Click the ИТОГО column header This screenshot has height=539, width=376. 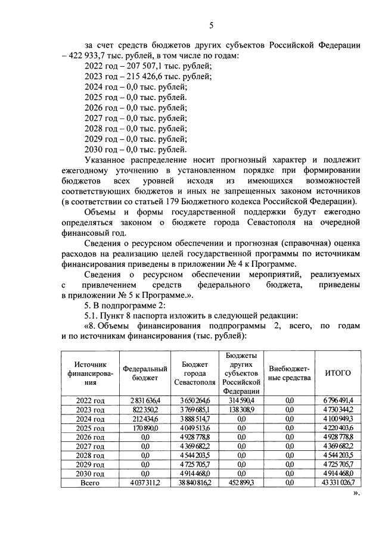point(337,373)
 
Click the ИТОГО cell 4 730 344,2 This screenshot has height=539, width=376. point(337,410)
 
